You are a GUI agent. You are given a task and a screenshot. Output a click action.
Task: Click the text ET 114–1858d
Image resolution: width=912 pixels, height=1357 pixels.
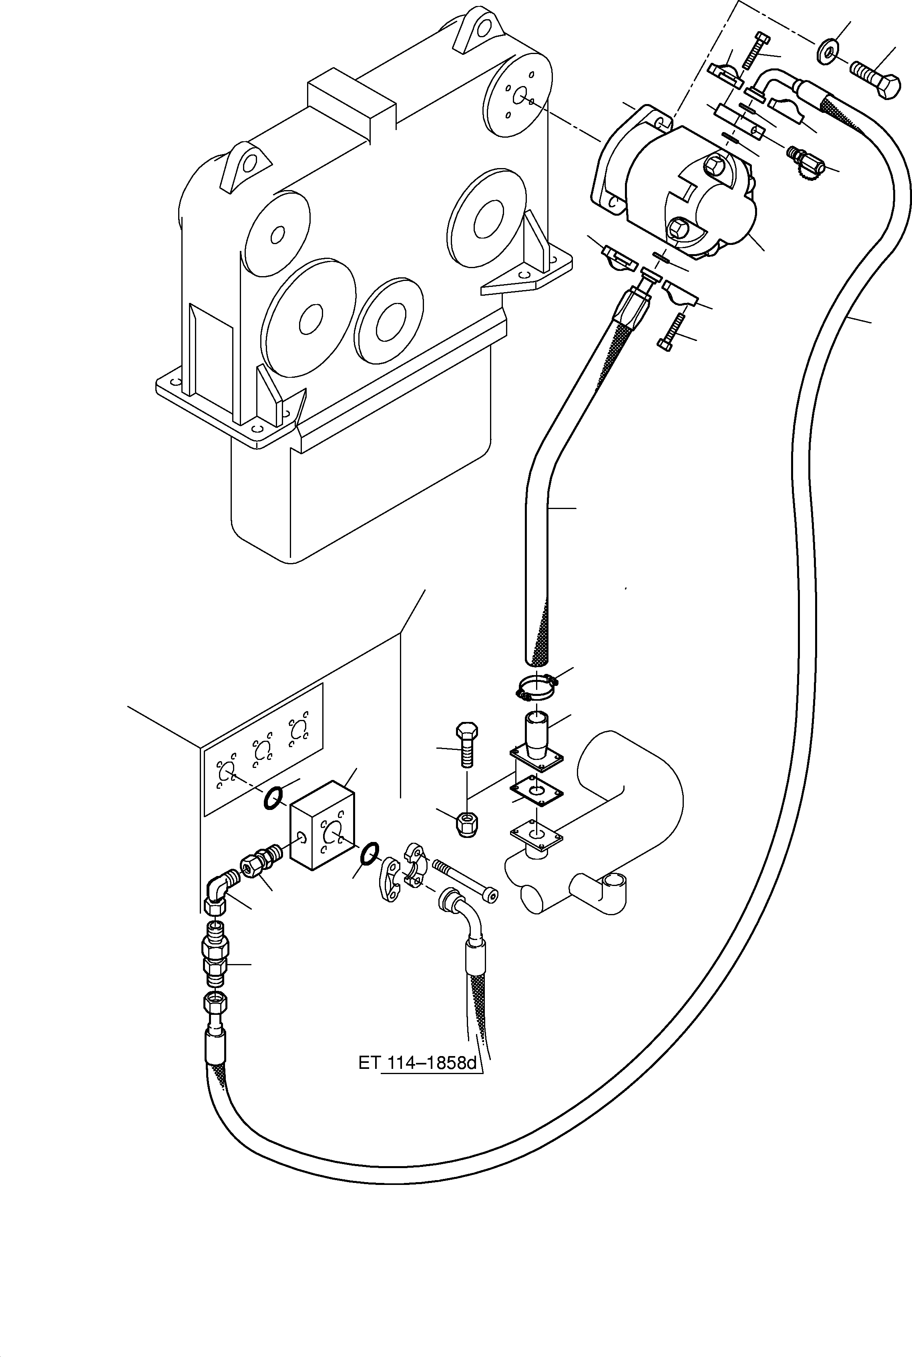[x=417, y=1063]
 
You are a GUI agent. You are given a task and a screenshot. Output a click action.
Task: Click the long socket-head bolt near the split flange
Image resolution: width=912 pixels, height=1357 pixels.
[x=465, y=880]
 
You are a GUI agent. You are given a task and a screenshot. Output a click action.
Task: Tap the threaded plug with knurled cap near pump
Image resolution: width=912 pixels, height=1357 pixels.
[x=806, y=163]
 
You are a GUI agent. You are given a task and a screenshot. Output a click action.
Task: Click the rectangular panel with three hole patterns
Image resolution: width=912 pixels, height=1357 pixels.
[x=262, y=750]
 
